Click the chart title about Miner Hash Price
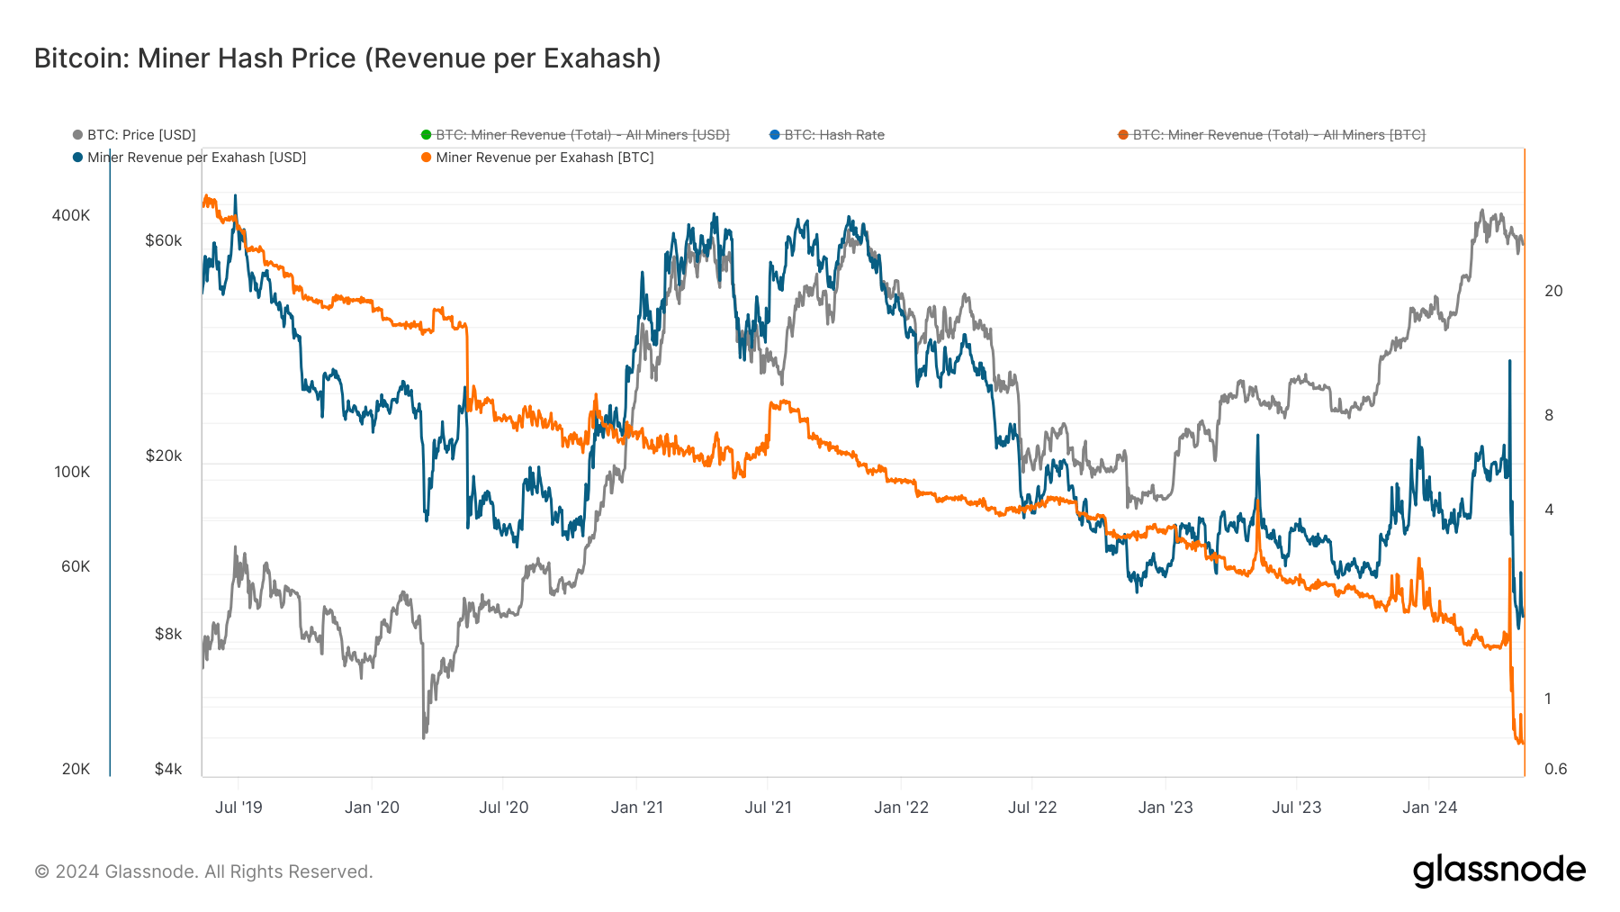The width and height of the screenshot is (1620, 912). (x=347, y=59)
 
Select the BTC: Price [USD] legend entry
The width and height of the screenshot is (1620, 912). (x=140, y=135)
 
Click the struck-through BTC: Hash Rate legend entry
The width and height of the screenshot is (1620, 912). (x=833, y=135)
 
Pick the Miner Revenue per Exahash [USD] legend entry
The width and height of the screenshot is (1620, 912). (x=196, y=158)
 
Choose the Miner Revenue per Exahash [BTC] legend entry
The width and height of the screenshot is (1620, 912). (x=544, y=158)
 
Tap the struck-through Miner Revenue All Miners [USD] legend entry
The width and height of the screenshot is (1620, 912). (x=581, y=135)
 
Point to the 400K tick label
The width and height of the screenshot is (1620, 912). (x=71, y=215)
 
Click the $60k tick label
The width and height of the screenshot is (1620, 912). (x=164, y=240)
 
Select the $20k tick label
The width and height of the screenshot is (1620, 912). (x=164, y=456)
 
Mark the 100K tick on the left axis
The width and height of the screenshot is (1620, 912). (x=72, y=472)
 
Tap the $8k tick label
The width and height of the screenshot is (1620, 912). (x=168, y=634)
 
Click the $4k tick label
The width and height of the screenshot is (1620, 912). (x=168, y=769)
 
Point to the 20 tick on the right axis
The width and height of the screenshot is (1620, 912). (x=1553, y=291)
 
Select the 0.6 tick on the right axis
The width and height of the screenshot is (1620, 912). (x=1555, y=769)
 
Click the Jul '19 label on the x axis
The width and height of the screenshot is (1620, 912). (x=238, y=808)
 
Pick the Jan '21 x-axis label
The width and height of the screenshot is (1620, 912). (x=636, y=808)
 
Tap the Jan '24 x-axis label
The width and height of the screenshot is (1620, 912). (x=1429, y=808)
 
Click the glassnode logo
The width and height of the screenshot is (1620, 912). (x=1498, y=871)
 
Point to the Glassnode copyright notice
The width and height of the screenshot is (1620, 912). (x=203, y=871)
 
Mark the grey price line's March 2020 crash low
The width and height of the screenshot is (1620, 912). (x=424, y=737)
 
